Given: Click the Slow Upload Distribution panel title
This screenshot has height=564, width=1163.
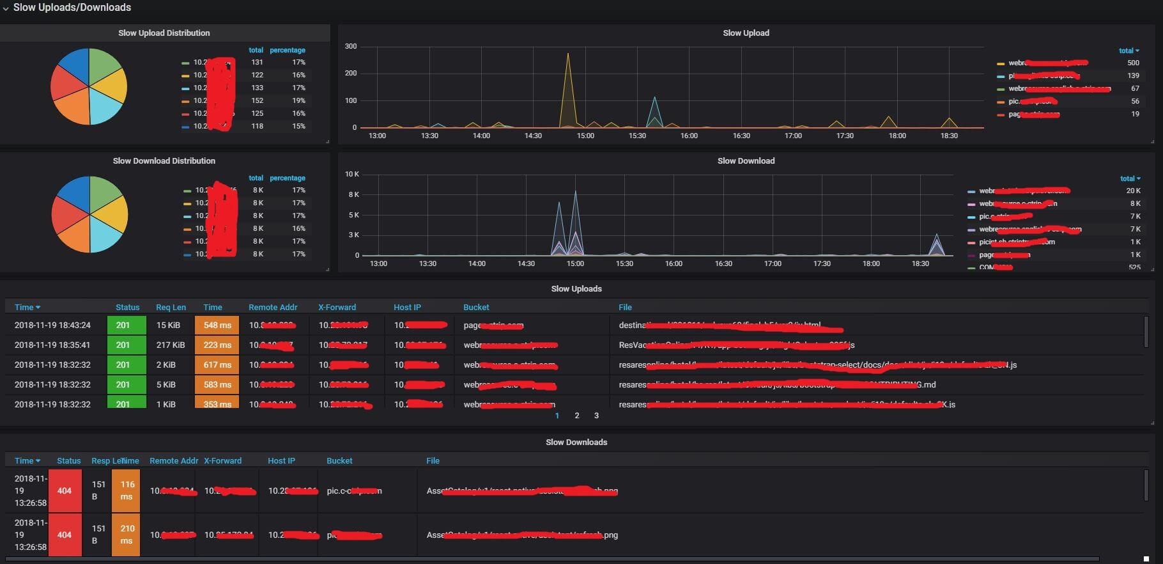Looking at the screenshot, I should (164, 33).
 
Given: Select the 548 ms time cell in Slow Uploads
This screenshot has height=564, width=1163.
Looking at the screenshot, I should (217, 325).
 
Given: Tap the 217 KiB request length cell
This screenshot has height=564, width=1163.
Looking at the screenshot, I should (171, 345).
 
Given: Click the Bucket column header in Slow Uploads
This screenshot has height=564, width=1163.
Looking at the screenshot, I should (476, 307).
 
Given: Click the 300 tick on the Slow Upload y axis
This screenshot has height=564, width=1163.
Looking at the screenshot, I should (351, 46).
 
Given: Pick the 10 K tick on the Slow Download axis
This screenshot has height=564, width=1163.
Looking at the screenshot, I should (352, 174).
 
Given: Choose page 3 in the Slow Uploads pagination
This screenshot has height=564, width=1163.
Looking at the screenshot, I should (596, 416).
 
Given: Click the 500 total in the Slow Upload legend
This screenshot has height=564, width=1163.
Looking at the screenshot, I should (1133, 63).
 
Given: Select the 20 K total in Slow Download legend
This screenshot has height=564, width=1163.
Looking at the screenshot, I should (1133, 191).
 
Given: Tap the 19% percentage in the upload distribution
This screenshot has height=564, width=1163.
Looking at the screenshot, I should (298, 100).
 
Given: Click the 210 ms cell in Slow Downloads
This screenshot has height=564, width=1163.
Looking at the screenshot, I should (127, 535).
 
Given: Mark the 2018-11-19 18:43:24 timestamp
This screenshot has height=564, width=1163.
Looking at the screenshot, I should (52, 325).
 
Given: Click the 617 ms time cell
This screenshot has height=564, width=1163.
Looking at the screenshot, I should (217, 364).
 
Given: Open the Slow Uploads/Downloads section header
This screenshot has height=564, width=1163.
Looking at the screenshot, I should (72, 8).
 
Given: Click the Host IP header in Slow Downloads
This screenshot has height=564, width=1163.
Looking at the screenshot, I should (281, 460).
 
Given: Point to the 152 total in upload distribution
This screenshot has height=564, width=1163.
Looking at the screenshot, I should (257, 100).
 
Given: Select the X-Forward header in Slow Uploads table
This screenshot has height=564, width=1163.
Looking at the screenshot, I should (337, 307).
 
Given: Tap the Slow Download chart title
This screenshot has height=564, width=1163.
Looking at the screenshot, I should (746, 161).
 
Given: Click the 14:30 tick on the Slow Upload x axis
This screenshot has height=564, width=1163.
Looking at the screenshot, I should (533, 136).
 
